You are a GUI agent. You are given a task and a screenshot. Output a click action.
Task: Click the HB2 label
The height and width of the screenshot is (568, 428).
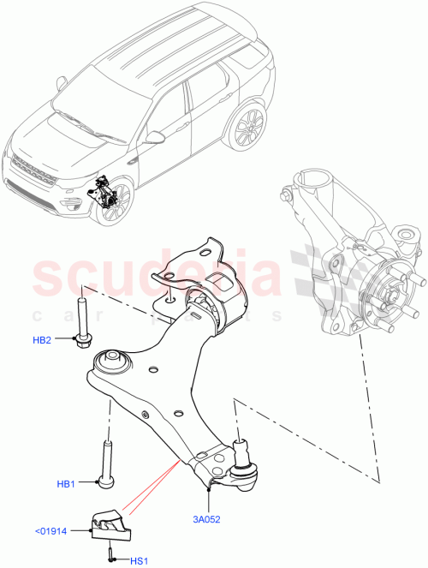coord(42,340)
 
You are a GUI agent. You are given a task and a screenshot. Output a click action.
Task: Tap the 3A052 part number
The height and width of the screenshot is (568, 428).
coord(205,517)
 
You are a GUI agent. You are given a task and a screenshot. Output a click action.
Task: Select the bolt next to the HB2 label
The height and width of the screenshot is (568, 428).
coord(82,321)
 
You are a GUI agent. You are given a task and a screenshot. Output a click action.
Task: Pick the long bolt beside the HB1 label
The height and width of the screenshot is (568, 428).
coord(107,465)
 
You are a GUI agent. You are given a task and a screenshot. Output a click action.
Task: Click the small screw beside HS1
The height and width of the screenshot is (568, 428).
coord(112,558)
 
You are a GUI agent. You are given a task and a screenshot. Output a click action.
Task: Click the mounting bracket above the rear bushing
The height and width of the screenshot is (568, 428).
coord(188,267)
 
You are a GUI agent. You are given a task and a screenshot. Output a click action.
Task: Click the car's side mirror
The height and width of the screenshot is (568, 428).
coord(155,137)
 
